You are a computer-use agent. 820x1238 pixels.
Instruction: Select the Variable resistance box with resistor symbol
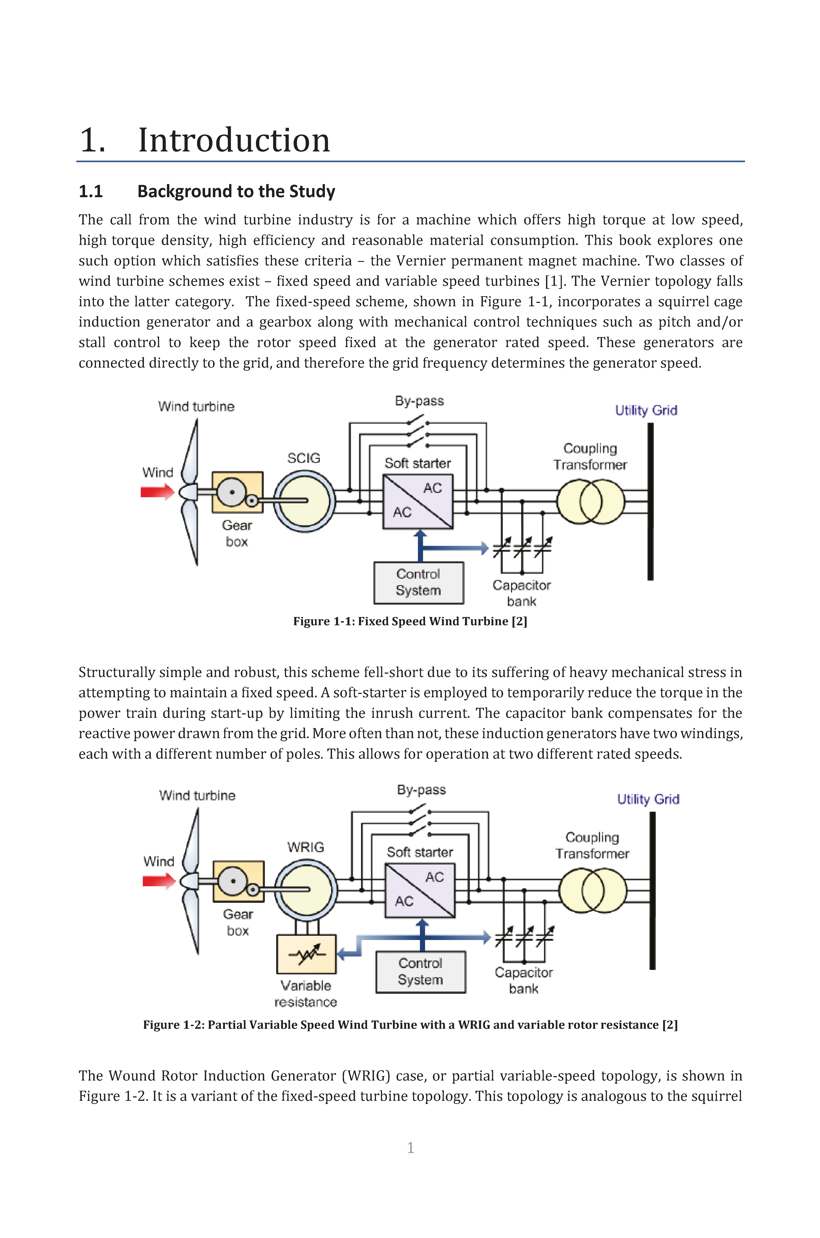pos(306,955)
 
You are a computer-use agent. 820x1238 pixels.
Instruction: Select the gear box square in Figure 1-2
pos(239,882)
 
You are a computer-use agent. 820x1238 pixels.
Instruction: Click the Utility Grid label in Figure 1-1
pos(646,410)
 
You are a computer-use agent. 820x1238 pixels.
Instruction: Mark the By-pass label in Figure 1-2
pos(421,790)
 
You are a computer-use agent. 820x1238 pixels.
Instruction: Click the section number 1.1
pos(90,191)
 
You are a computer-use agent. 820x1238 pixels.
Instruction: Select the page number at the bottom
pos(411,1148)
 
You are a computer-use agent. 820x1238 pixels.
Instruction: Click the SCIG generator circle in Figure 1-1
pos(304,501)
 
